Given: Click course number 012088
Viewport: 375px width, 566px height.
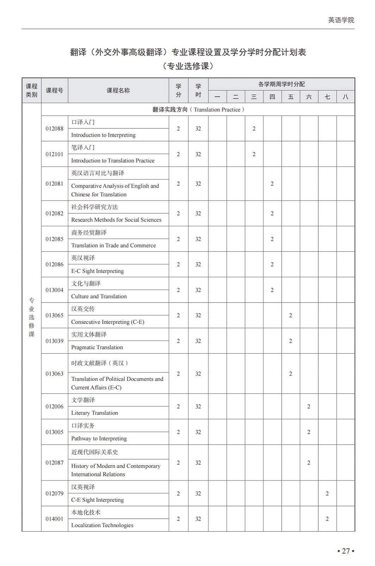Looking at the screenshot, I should pyautogui.click(x=54, y=129).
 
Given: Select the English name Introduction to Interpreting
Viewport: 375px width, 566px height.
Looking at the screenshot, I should pyautogui.click(x=103, y=135).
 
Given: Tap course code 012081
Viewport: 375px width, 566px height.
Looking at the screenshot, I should pyautogui.click(x=54, y=184).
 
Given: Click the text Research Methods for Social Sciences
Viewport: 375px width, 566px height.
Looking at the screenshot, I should pyautogui.click(x=116, y=220).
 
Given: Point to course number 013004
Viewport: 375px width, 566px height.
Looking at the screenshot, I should pyautogui.click(x=54, y=290).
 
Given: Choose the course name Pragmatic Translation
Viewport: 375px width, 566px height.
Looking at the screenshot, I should pyautogui.click(x=97, y=347).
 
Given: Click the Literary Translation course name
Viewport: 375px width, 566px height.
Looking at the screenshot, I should pyautogui.click(x=94, y=413).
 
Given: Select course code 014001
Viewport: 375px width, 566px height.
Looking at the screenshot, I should pyautogui.click(x=54, y=519).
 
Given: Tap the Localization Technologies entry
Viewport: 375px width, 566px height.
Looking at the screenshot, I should pyautogui.click(x=102, y=525).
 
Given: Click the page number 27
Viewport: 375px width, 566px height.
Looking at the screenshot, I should pyautogui.click(x=345, y=551).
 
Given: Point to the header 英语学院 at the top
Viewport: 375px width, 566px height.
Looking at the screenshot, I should pyautogui.click(x=341, y=20).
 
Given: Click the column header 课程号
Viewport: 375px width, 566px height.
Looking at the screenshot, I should pyautogui.click(x=54, y=91).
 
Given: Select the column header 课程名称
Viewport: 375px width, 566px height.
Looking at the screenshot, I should pyautogui.click(x=118, y=91).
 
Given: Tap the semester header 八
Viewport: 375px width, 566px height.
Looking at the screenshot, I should pyautogui.click(x=345, y=97).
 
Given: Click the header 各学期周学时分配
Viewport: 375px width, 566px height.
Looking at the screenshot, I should pyautogui.click(x=281, y=84).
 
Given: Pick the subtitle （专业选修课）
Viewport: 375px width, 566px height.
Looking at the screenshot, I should pyautogui.click(x=188, y=66).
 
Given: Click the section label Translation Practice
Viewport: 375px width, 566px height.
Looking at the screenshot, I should pyautogui.click(x=217, y=110).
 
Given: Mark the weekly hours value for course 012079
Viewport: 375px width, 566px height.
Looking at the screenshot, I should pyautogui.click(x=327, y=493).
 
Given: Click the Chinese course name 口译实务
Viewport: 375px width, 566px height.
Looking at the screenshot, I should pyautogui.click(x=83, y=426).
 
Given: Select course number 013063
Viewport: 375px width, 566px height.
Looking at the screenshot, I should pyautogui.click(x=54, y=374).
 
